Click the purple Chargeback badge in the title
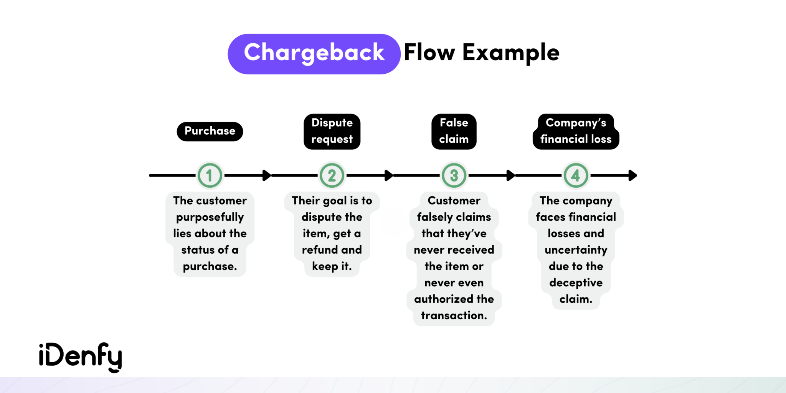(314, 54)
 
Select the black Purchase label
(210, 131)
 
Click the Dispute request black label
(332, 131)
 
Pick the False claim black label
(454, 131)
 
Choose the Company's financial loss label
(576, 131)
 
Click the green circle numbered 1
(210, 176)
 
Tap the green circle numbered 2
(332, 176)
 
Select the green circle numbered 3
(454, 176)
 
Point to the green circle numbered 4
(576, 176)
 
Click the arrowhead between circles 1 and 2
(267, 175)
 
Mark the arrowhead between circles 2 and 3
(389, 175)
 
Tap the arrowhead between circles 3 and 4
(511, 175)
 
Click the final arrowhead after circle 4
(633, 175)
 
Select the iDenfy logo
(81, 357)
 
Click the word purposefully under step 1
(210, 217)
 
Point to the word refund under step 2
(320, 250)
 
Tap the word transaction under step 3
(454, 315)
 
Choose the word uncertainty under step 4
(576, 250)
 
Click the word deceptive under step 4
(576, 283)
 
